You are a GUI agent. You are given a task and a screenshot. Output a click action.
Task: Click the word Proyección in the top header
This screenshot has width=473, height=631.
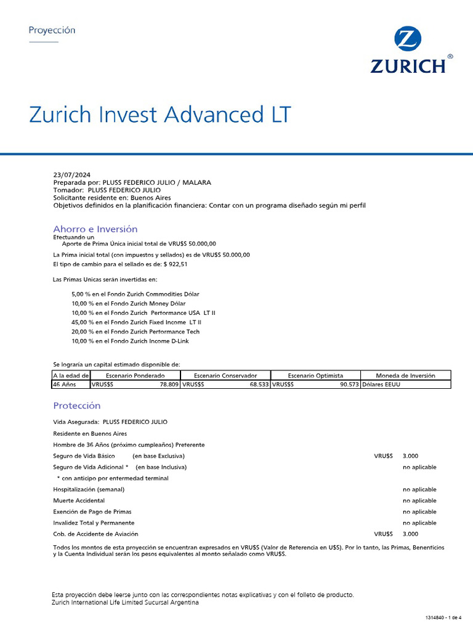tap(52, 30)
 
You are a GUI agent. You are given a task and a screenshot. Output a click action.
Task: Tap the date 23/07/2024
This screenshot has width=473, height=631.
tap(71, 175)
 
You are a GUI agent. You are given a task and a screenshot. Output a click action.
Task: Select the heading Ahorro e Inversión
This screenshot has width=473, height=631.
tap(95, 229)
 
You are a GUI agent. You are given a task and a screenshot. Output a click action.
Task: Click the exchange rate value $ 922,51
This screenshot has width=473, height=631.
tap(176, 264)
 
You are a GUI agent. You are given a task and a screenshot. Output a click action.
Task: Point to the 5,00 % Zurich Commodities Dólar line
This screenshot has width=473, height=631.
tap(135, 295)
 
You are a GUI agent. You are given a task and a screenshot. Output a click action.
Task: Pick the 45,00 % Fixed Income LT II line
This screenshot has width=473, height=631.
tap(136, 322)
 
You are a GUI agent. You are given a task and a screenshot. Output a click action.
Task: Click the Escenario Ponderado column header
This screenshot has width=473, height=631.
tap(135, 375)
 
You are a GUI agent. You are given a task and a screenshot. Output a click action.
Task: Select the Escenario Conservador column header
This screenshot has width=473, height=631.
tap(225, 375)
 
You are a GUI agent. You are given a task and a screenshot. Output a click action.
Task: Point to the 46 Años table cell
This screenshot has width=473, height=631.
tap(64, 385)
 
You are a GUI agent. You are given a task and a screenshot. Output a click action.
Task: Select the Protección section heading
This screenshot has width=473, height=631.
tap(76, 405)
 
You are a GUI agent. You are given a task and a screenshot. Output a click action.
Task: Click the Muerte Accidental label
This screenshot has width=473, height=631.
tap(79, 500)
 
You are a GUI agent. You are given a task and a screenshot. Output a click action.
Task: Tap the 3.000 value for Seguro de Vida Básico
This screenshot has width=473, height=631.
tap(410, 456)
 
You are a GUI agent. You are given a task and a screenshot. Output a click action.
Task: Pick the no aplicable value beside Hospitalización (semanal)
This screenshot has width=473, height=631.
tap(419, 489)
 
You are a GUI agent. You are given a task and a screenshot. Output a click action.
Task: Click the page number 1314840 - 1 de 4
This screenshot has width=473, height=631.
tap(443, 617)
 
